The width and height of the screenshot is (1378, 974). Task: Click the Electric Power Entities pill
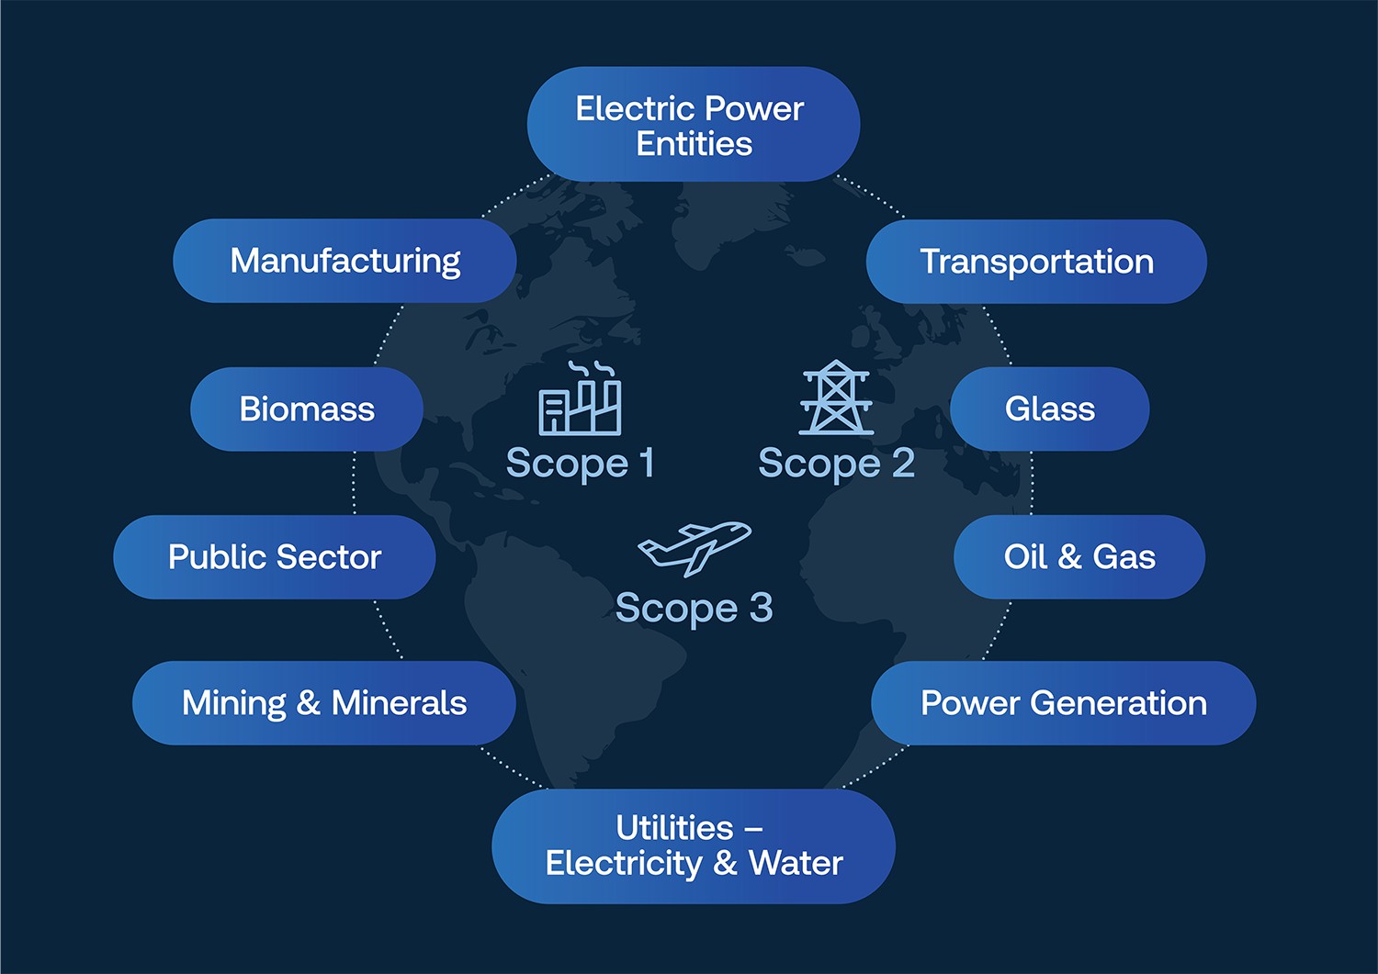click(694, 124)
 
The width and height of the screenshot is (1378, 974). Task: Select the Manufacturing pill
click(344, 261)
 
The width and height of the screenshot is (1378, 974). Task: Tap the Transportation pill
click(1036, 262)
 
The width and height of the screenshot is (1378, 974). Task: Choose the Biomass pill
click(307, 409)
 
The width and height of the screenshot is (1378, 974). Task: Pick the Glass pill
click(1049, 409)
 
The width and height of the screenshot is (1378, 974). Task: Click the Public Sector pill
click(275, 557)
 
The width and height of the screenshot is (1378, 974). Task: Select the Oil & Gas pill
click(1079, 557)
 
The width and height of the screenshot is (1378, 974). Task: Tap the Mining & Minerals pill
click(324, 703)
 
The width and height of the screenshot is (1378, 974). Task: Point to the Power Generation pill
click(1064, 703)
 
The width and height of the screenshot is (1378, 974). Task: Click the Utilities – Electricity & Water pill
click(694, 846)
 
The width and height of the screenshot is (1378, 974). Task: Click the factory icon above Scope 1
click(580, 398)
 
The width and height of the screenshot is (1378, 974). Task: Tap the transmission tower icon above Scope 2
click(836, 397)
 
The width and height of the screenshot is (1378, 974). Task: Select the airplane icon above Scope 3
click(695, 549)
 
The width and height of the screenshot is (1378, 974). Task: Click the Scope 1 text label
click(580, 464)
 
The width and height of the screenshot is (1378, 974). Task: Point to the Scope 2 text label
click(837, 464)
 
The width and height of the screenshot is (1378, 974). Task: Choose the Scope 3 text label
click(694, 609)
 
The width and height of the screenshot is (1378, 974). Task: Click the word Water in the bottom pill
click(796, 863)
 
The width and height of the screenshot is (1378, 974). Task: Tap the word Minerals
click(400, 703)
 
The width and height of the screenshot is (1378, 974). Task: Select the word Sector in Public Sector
click(329, 557)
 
